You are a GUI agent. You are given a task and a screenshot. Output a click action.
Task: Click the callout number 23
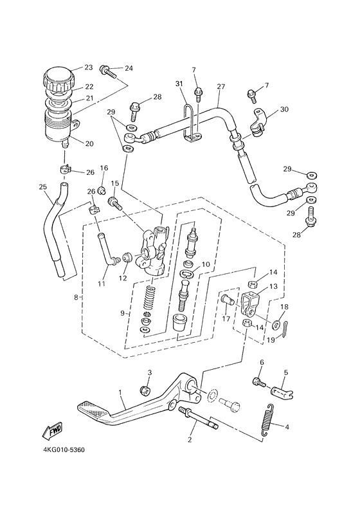pos(89,68)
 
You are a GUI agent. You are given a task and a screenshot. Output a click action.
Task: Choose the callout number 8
pos(77,298)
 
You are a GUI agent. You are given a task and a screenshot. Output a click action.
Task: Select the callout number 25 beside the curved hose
pos(43,187)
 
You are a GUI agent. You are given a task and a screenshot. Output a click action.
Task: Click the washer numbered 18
pos(276,323)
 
